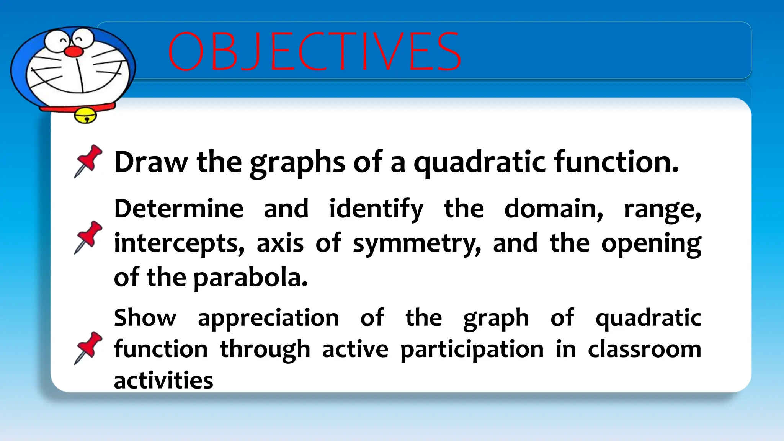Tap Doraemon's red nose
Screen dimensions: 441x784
73,51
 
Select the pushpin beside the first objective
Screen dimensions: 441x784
88,161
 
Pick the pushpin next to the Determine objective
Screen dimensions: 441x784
88,237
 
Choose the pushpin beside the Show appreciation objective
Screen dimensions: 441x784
88,348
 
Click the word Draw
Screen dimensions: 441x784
151,162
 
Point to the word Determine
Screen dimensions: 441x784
179,209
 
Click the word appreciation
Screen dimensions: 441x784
268,318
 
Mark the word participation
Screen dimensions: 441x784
472,350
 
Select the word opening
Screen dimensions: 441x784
651,244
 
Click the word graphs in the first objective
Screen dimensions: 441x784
297,163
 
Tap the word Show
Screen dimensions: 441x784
145,318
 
